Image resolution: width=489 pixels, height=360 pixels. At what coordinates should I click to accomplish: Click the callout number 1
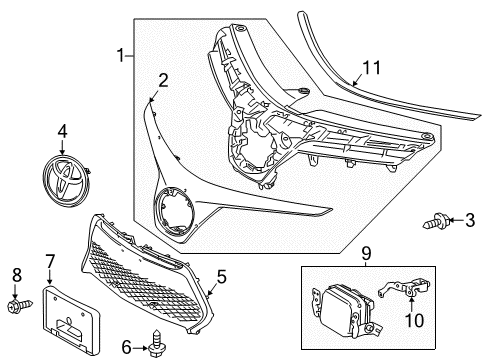[123, 57]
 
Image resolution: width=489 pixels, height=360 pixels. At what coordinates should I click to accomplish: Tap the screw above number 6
[156, 336]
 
